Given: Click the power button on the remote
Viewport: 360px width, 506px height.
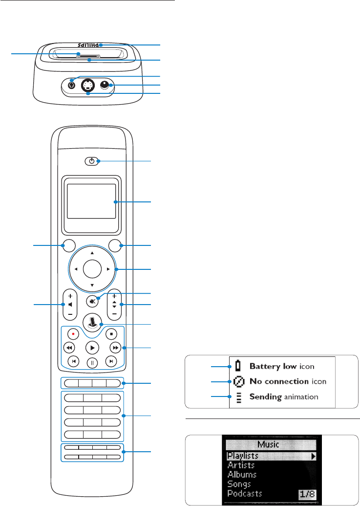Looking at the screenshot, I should pos(92,160).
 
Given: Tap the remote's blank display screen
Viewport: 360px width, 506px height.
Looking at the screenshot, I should pos(92,201).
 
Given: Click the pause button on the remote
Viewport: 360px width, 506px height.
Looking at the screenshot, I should pos(92,363).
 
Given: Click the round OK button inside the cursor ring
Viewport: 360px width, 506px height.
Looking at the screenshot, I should pos(92,268).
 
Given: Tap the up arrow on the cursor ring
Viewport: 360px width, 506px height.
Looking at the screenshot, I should pos(92,253).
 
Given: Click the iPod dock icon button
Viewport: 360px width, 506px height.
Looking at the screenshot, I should pos(92,323).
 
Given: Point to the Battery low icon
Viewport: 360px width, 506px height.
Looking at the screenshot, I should pos(238,366).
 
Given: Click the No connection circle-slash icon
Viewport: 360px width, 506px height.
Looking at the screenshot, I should pos(238,381).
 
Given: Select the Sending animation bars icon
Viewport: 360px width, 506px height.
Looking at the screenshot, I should pos(238,397).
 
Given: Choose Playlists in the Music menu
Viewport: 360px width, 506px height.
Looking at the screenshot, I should pos(243,456).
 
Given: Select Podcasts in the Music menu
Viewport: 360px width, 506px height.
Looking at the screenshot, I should pos(245,493).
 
